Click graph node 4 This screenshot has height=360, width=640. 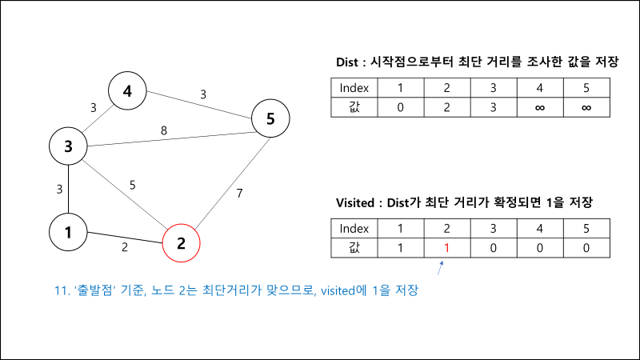pos(127,92)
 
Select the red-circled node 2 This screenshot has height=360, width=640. pos(181,243)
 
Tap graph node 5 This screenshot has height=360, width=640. pos(270,119)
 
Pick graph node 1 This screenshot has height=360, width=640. pos(68,233)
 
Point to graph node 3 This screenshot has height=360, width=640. pos(68,146)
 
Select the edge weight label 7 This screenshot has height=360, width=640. pos(239,193)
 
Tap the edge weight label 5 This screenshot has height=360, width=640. pos(134,186)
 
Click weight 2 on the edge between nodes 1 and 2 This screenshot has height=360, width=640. pos(124,247)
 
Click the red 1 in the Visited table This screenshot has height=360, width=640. pos(447,247)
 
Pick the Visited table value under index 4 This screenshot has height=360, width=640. pos(540,247)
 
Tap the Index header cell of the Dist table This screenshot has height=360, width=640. pos(354,88)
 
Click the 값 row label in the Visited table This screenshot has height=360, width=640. pos(354,247)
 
